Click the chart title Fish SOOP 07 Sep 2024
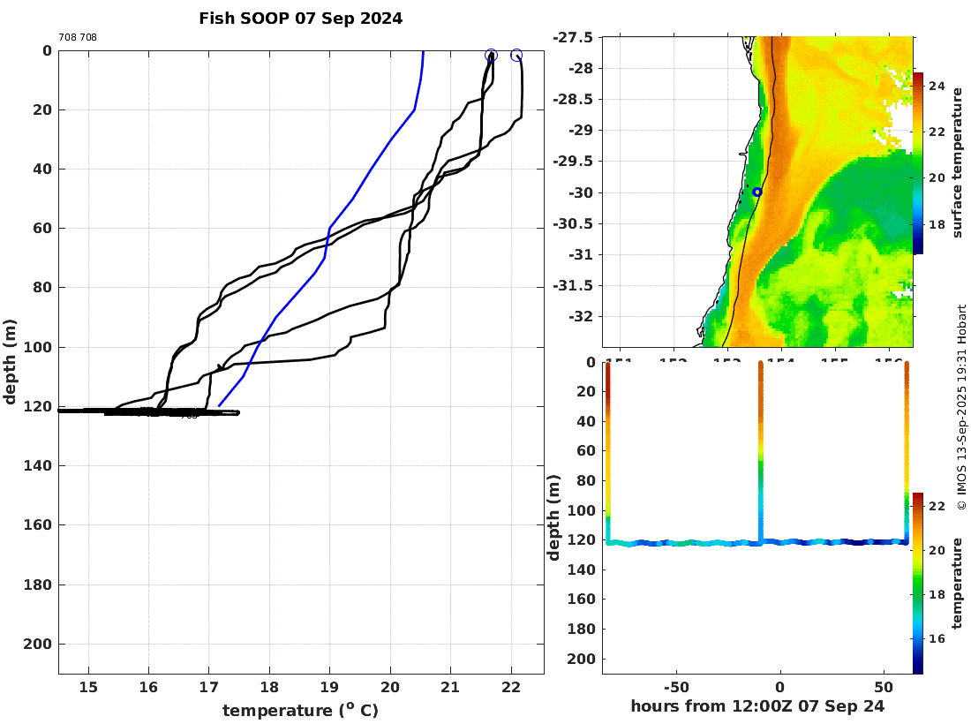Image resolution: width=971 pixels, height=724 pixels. click(300, 19)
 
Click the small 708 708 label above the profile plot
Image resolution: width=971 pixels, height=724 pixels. click(78, 37)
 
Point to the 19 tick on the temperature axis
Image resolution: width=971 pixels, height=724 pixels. click(329, 688)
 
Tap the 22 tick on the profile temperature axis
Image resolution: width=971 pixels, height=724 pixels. click(510, 688)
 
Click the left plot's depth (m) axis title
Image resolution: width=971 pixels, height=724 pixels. click(11, 361)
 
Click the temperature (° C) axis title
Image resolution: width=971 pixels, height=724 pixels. click(300, 711)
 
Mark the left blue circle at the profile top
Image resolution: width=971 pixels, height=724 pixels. click(491, 56)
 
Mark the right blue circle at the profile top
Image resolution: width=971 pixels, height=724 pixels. click(516, 56)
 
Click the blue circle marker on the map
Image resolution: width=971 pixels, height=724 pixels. click(756, 192)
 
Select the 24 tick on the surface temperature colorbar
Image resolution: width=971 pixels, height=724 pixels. click(937, 87)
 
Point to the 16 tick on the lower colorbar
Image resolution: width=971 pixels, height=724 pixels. click(937, 639)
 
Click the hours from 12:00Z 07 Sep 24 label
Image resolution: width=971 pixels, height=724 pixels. click(757, 706)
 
